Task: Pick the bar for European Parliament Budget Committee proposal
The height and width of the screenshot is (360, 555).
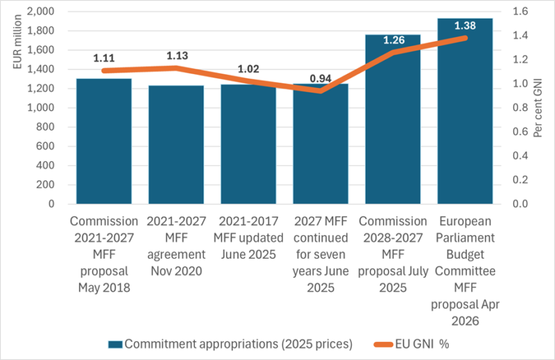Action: pyautogui.click(x=465, y=111)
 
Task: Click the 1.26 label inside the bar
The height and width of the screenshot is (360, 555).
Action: pyautogui.click(x=393, y=40)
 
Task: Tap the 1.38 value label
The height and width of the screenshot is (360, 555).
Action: pyautogui.click(x=465, y=25)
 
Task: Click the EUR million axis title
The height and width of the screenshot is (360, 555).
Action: pyautogui.click(x=19, y=42)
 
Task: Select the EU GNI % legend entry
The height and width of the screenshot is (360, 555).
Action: pyautogui.click(x=436, y=343)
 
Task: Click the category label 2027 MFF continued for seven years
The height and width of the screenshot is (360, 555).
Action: pyautogui.click(x=320, y=253)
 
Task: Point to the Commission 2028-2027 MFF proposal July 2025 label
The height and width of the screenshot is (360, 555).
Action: pyautogui.click(x=393, y=253)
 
